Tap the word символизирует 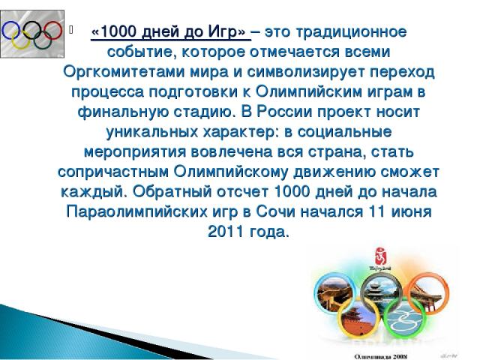(305, 72)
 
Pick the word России (284, 112)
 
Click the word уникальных (152, 132)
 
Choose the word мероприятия (135, 152)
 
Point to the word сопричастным (113, 172)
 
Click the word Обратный (172, 192)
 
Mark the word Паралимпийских (136, 211)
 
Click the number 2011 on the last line (225, 232)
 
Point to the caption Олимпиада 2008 (380, 356)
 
